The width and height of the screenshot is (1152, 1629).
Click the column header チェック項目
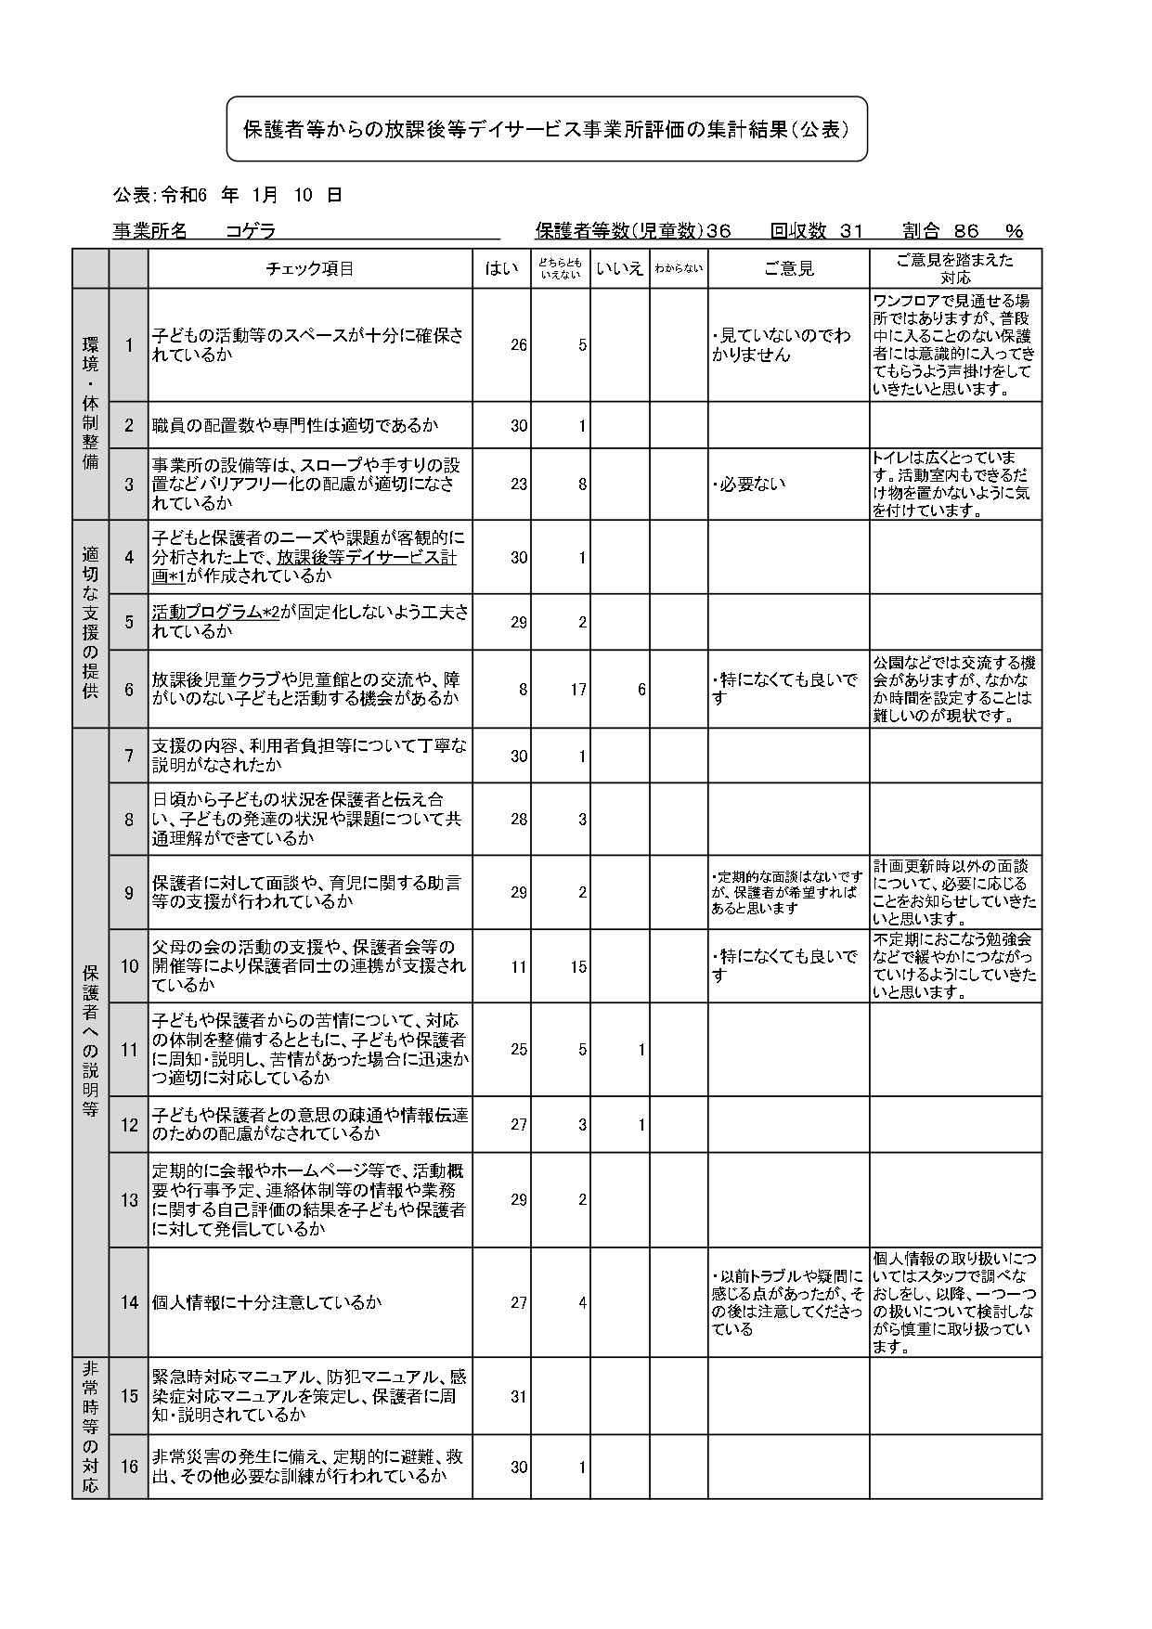click(x=309, y=269)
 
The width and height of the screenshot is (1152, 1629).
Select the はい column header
click(x=501, y=269)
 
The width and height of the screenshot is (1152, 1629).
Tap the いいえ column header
click(x=619, y=269)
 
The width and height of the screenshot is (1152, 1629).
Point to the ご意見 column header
click(x=788, y=269)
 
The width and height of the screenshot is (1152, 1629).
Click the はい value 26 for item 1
click(x=518, y=345)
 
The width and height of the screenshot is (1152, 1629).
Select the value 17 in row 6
click(x=577, y=690)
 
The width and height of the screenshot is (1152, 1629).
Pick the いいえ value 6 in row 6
click(x=641, y=690)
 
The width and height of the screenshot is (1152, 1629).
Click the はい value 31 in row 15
click(x=518, y=1396)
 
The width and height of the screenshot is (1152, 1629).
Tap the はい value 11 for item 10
click(x=518, y=966)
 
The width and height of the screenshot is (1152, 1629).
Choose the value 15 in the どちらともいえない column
click(x=577, y=966)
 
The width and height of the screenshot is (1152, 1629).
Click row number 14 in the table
click(x=129, y=1302)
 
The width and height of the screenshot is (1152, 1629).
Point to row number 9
click(x=129, y=893)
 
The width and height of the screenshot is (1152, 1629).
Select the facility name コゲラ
click(x=251, y=231)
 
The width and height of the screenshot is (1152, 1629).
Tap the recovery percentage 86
click(x=966, y=231)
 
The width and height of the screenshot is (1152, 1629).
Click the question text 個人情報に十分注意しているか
click(x=267, y=1302)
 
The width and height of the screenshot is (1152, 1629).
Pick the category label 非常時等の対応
click(x=90, y=1428)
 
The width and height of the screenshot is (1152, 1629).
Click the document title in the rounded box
click(x=547, y=130)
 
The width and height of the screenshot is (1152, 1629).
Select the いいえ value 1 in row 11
click(x=641, y=1050)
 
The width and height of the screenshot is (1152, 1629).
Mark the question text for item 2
click(x=294, y=426)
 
